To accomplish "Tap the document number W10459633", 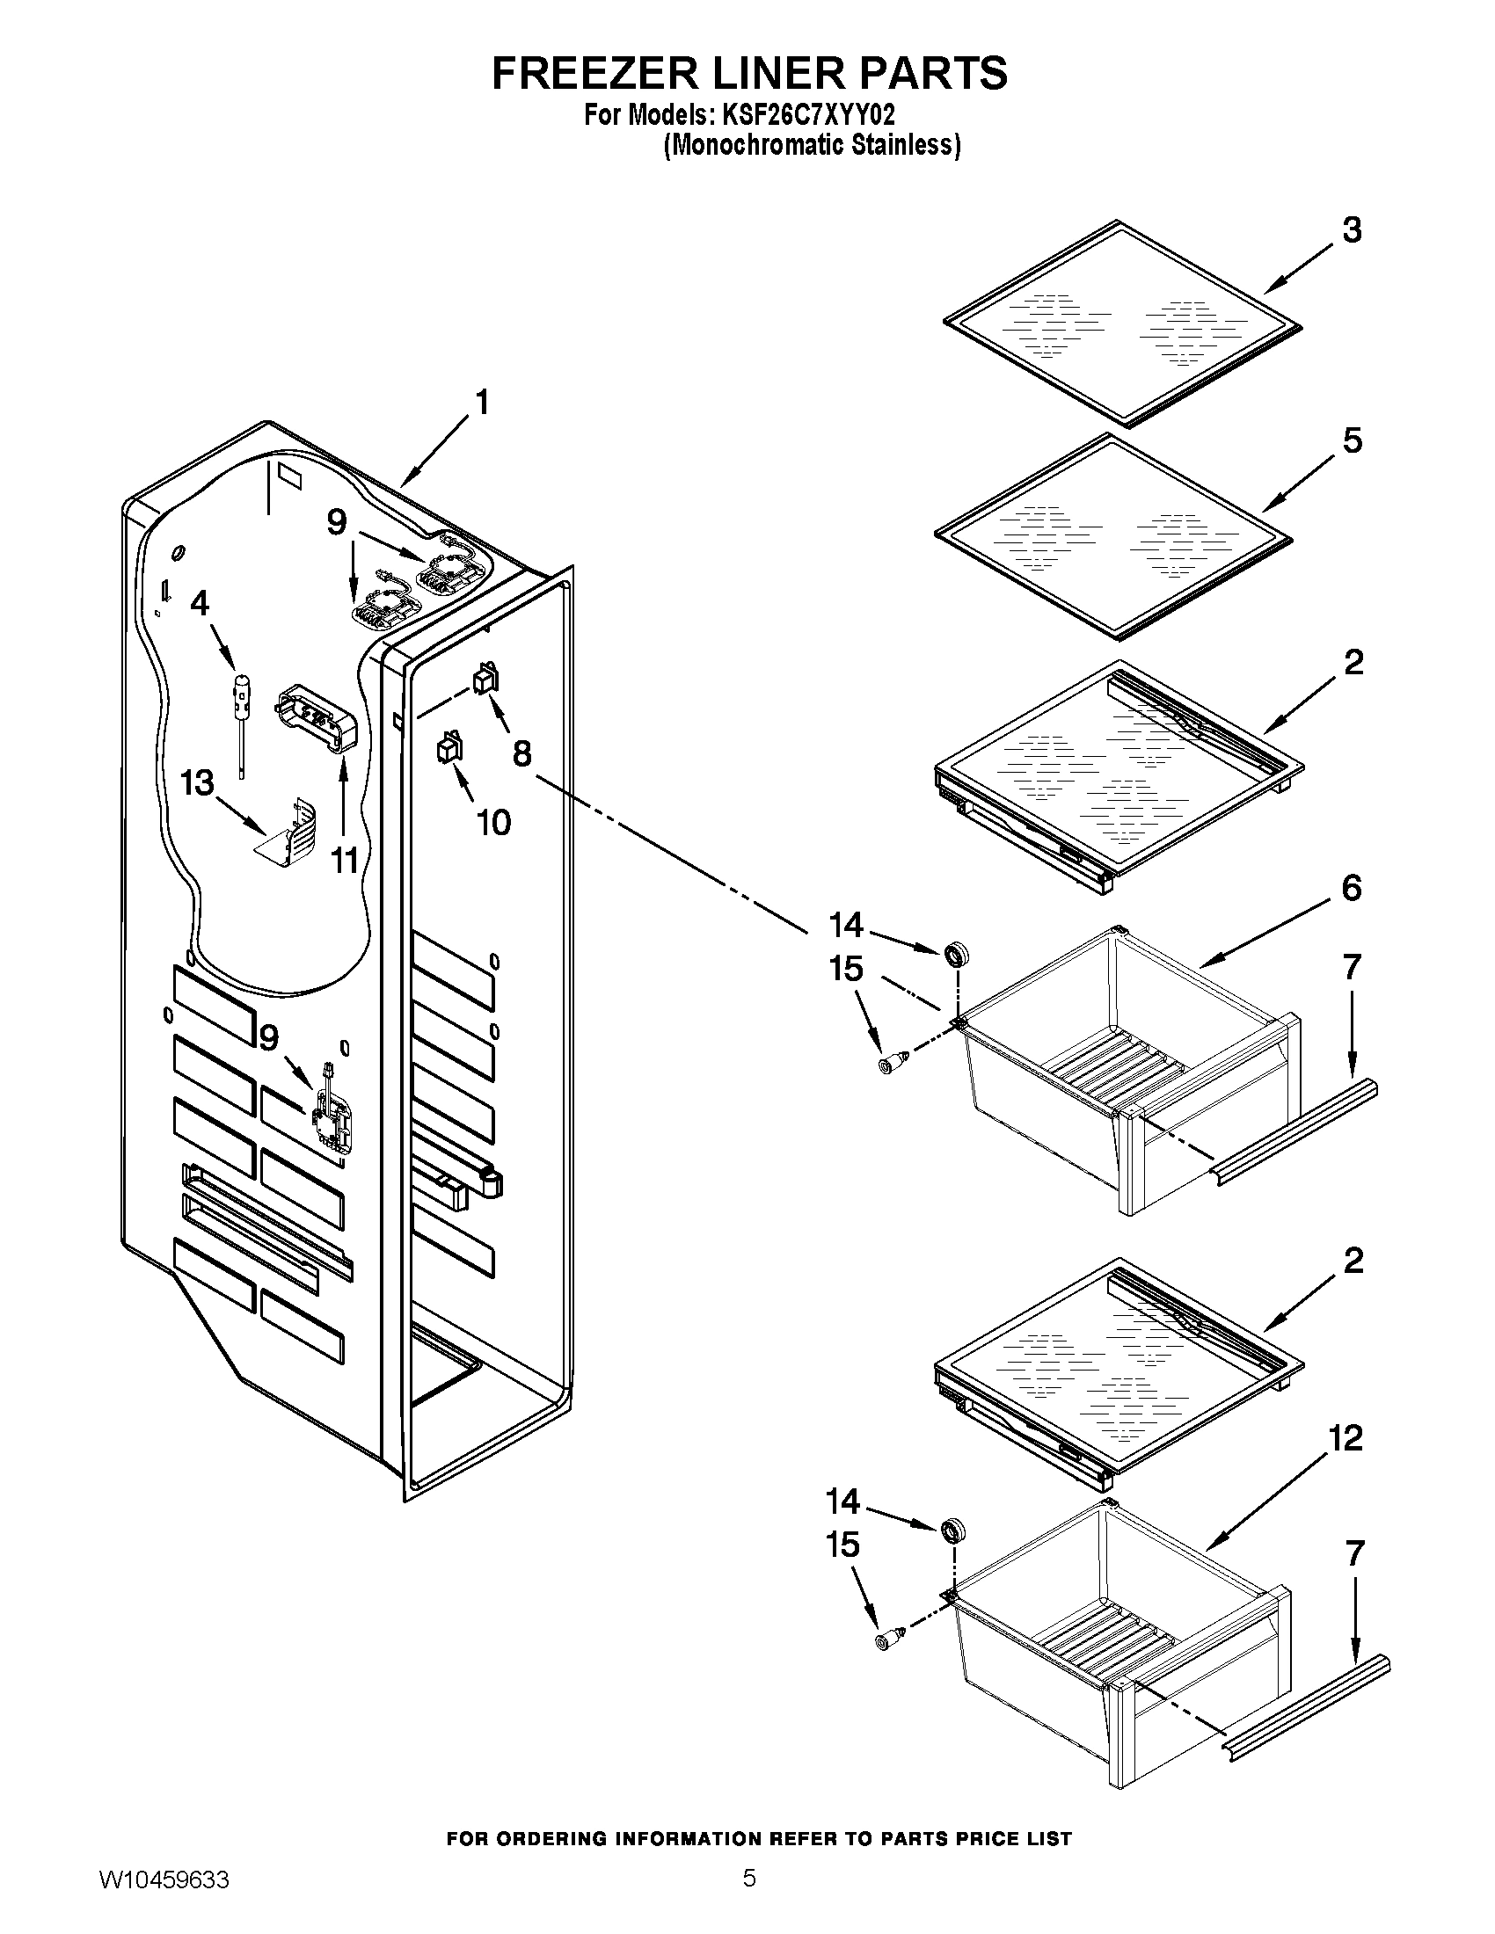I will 163,1899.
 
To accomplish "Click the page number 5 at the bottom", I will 748,1896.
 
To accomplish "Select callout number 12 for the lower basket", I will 1345,1438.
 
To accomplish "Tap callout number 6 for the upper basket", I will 1351,886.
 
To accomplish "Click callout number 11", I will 344,859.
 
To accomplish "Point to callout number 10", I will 493,822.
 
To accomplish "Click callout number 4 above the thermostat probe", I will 201,603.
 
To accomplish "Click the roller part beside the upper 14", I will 957,955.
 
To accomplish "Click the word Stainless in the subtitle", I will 902,145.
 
